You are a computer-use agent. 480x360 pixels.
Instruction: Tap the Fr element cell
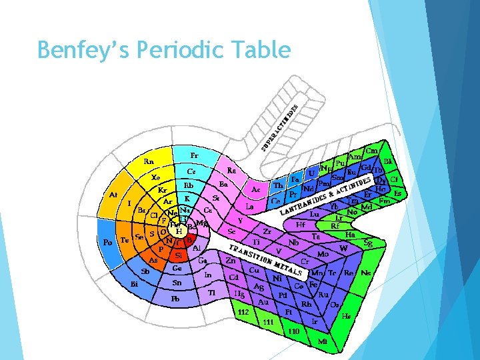coord(194,155)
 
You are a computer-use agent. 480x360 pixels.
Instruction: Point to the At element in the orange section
coord(114,195)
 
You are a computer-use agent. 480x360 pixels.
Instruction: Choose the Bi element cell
coord(134,285)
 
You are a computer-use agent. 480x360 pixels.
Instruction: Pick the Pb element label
coord(175,299)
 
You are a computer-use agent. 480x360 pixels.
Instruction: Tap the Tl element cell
coord(212,293)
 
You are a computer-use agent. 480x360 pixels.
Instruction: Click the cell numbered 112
coord(244,311)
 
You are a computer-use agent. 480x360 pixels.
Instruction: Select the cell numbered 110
coord(293,331)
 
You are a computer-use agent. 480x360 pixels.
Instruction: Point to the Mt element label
coord(323,341)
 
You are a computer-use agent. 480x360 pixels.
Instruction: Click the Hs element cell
coord(346,316)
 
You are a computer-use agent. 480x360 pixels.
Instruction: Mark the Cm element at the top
coord(372,151)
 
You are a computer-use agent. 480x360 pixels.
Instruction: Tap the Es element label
coord(398,193)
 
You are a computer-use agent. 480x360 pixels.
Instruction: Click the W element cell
coord(344,249)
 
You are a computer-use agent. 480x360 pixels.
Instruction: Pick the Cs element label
coord(191,171)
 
